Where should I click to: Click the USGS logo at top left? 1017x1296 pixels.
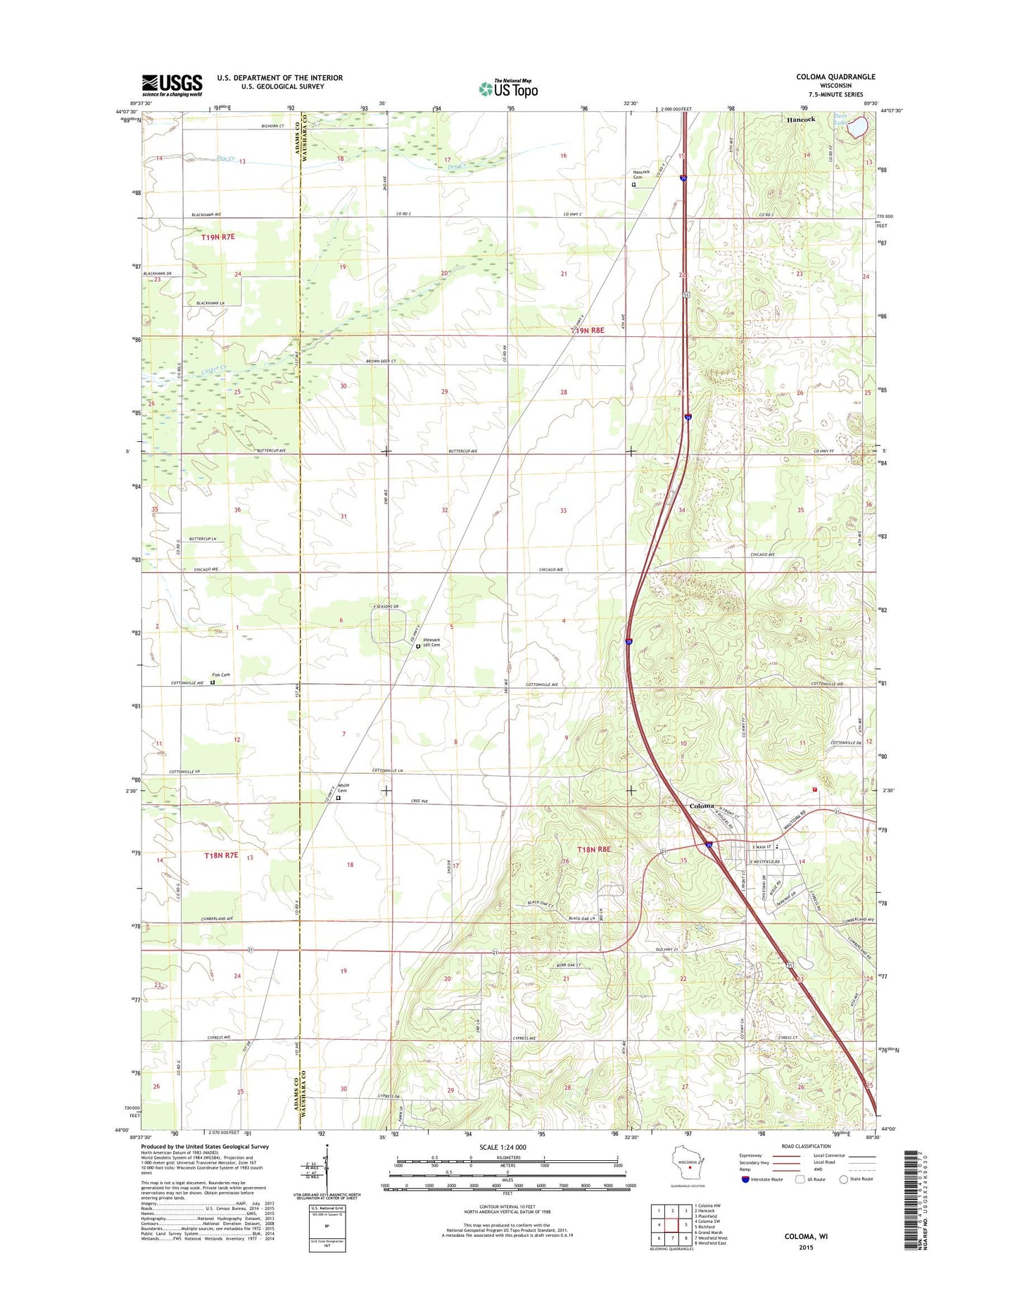pos(172,85)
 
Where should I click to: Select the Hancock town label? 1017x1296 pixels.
pos(800,120)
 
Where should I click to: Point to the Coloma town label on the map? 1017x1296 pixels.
pos(701,806)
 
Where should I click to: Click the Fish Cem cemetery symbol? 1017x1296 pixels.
pos(213,682)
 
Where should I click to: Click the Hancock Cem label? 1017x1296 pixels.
pos(640,174)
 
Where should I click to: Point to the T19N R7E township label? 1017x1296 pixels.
pos(217,238)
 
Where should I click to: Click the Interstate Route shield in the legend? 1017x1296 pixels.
pos(745,1179)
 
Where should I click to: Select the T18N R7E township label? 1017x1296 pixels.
pos(221,855)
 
